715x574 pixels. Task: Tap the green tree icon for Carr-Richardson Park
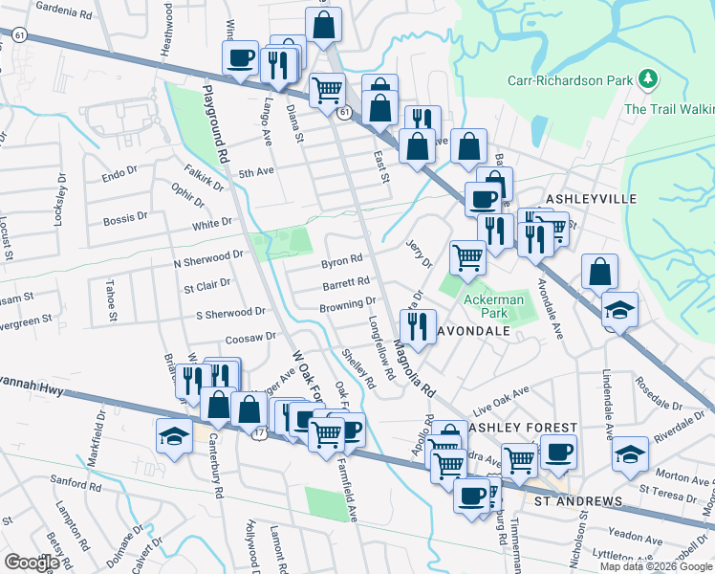(648, 77)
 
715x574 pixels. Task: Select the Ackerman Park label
(493, 299)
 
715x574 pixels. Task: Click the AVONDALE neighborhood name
(473, 330)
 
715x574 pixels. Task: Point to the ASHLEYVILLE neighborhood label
(590, 198)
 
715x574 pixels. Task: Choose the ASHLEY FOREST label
(522, 427)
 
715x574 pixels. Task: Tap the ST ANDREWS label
(577, 501)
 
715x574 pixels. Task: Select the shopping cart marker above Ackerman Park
(467, 256)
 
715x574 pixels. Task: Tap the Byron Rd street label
(341, 260)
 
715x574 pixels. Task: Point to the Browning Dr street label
(347, 304)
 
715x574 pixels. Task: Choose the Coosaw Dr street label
(250, 339)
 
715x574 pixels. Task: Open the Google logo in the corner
(32, 563)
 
